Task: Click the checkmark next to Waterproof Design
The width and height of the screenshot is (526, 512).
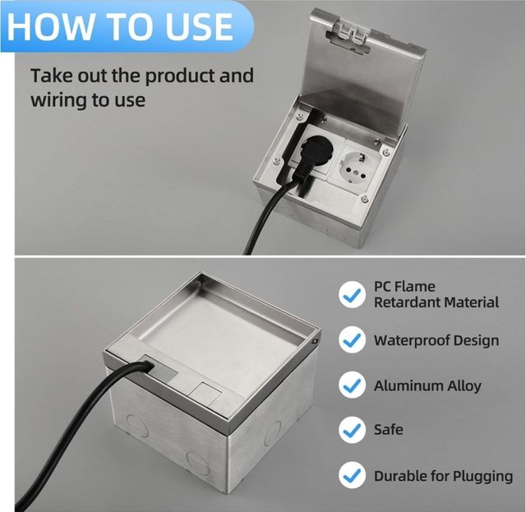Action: tap(352, 339)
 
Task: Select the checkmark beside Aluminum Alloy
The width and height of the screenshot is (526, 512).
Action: tap(352, 385)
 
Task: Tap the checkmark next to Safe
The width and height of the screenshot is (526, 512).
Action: tap(352, 430)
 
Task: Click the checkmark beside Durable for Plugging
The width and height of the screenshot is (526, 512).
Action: tap(352, 475)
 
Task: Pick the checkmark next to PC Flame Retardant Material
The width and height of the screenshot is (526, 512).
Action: tap(352, 294)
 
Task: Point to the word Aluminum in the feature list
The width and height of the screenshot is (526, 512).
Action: tap(403, 385)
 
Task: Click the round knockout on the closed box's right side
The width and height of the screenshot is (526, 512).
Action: tap(273, 433)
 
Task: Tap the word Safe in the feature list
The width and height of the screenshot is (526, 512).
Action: tap(389, 430)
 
